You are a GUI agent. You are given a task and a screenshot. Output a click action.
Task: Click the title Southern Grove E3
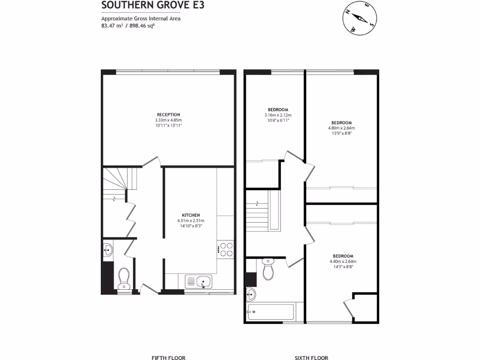[x=139, y=5]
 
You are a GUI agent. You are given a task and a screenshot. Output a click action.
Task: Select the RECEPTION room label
[x=168, y=114]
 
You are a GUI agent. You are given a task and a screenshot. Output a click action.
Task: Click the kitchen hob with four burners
[x=226, y=249]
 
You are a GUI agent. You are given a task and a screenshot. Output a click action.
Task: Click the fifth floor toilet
[x=124, y=278]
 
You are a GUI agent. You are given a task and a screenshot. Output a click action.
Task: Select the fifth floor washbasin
[x=108, y=250]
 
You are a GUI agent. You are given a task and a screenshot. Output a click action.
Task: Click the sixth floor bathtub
[x=270, y=311]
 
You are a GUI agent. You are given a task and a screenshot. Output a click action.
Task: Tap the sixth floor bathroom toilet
[x=268, y=270]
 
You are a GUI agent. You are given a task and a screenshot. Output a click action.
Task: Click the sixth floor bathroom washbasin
[x=252, y=294]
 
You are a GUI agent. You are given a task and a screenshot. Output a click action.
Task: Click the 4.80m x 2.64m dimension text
[x=341, y=128]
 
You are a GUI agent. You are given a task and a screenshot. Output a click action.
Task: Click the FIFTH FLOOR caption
[x=168, y=358]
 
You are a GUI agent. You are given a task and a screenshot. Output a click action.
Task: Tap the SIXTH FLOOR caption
[x=311, y=358]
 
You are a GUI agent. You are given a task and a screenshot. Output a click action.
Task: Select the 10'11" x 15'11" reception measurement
[x=168, y=125]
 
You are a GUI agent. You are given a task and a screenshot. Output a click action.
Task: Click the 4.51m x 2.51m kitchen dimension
[x=191, y=221]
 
